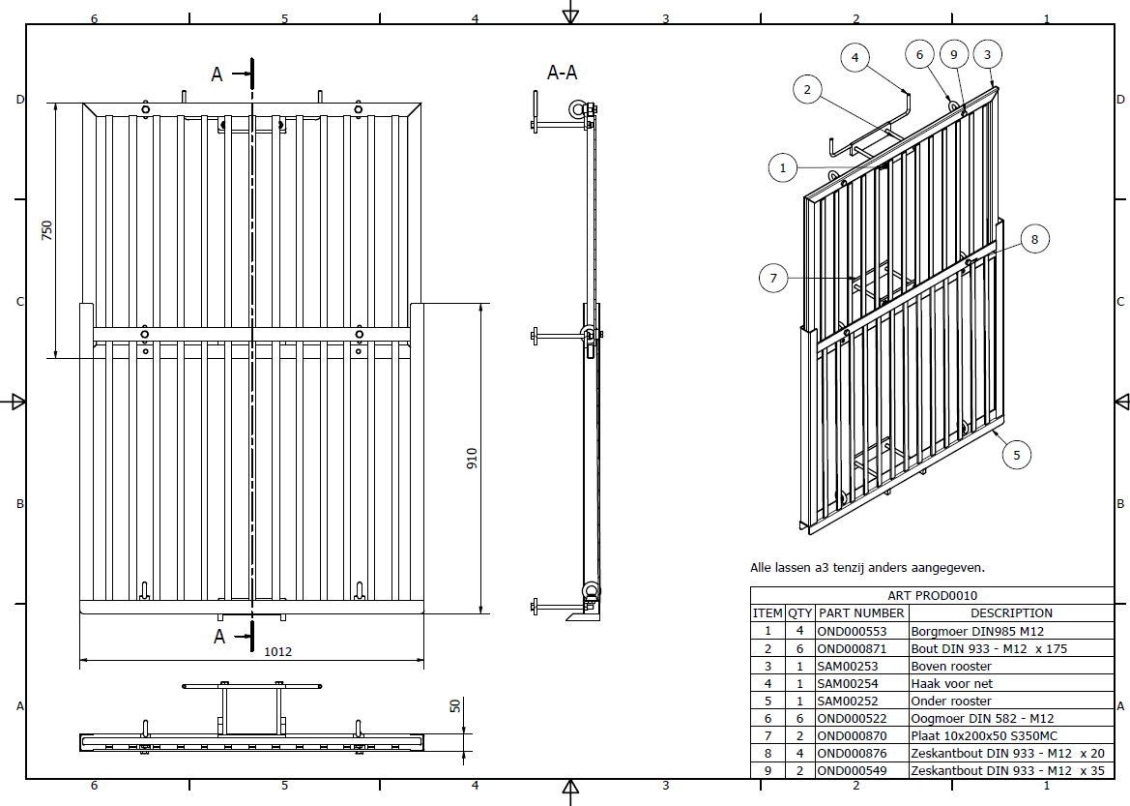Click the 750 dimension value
point(46,230)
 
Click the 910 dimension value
point(472,458)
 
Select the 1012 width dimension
point(277,652)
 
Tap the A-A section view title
point(563,73)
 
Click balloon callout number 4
point(855,58)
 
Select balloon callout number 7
point(773,280)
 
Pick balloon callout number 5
point(1016,454)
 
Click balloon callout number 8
point(1033,238)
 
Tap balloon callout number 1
point(783,167)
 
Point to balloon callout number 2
point(807,90)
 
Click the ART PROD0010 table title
point(932,596)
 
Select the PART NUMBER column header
point(860,613)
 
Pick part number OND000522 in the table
point(851,718)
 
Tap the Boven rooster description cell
point(951,666)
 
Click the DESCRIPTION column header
point(1011,613)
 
